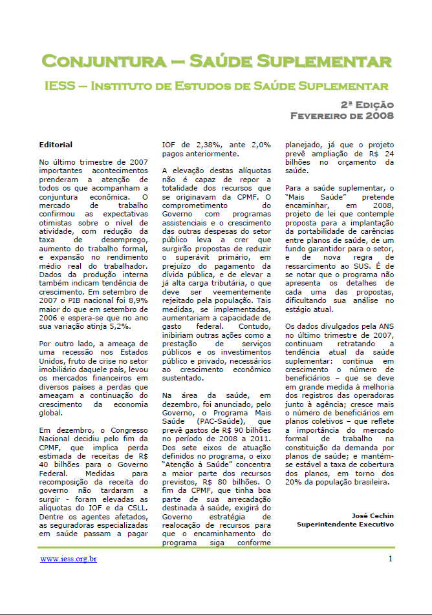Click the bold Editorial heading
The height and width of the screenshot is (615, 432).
pyautogui.click(x=56, y=145)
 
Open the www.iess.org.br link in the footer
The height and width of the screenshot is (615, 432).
pyautogui.click(x=69, y=558)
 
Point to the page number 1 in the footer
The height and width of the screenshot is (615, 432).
pyautogui.click(x=391, y=558)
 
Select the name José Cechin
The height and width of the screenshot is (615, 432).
pyautogui.click(x=373, y=516)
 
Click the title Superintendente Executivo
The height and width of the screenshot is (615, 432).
pyautogui.click(x=345, y=524)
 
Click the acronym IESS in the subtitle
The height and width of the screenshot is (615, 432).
pyautogui.click(x=60, y=85)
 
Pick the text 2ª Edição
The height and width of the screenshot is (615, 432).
pyautogui.click(x=367, y=105)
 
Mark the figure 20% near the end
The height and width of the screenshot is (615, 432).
pyautogui.click(x=296, y=481)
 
